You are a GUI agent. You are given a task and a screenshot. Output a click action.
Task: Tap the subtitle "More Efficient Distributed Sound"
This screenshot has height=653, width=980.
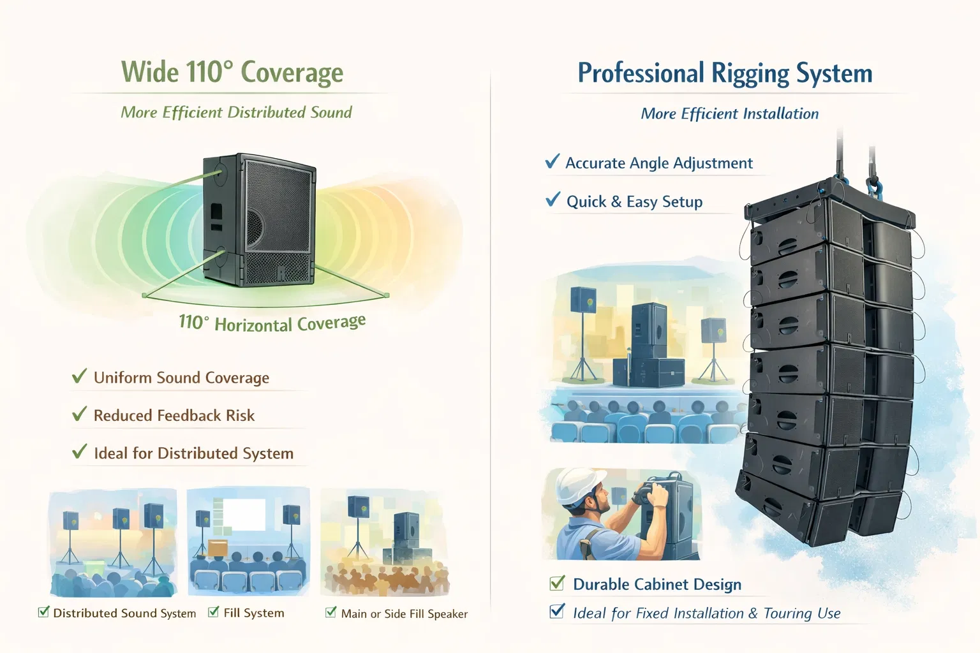click(x=236, y=113)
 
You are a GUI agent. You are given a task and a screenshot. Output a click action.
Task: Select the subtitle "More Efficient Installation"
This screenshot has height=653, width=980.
click(x=729, y=114)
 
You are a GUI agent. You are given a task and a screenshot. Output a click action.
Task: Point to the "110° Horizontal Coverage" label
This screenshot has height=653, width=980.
click(x=272, y=323)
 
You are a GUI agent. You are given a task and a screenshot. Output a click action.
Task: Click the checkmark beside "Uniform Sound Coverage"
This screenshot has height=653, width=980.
click(x=79, y=376)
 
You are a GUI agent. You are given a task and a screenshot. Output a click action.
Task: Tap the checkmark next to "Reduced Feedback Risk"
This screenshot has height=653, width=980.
click(x=79, y=415)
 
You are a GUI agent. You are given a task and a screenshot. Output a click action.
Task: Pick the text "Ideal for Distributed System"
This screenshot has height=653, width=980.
click(x=193, y=453)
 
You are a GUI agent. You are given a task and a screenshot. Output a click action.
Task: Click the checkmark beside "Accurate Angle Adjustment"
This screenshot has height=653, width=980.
click(x=553, y=161)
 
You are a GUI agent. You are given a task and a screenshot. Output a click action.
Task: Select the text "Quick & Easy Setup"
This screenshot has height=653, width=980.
click(x=634, y=202)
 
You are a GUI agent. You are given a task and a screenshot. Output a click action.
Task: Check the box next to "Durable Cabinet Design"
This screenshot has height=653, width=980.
click(x=557, y=583)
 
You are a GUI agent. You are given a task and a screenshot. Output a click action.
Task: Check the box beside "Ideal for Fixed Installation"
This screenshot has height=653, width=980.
click(x=557, y=612)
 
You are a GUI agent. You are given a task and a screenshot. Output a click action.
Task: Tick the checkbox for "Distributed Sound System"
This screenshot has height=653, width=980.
click(x=43, y=612)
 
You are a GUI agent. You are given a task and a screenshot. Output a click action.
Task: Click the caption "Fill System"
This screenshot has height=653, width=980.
click(x=253, y=613)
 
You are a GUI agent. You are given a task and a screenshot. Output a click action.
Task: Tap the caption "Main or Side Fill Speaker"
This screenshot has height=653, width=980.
click(x=404, y=614)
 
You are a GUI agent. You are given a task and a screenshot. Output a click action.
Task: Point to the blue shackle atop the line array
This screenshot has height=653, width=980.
click(x=873, y=187)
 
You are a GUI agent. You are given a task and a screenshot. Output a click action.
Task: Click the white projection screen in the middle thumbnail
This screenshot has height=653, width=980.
click(x=243, y=515)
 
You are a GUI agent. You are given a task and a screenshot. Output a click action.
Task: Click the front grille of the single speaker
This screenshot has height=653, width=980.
click(x=279, y=217)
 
